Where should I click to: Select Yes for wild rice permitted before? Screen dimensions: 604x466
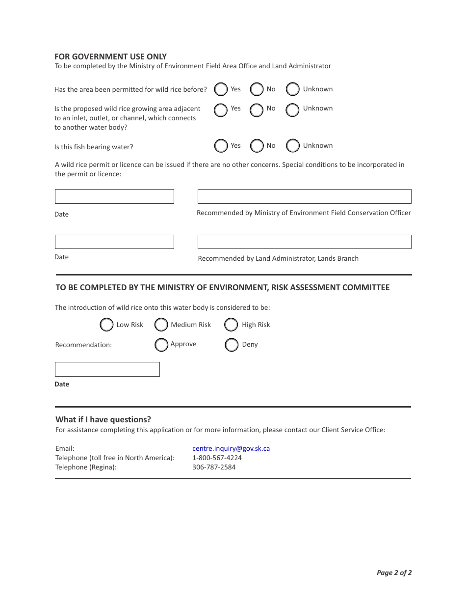point(221,89)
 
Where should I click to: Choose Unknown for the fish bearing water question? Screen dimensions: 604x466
point(293,146)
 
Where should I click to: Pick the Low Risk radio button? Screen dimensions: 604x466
point(106,325)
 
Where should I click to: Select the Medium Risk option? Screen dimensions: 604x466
point(161,325)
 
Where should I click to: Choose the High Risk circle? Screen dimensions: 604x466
point(231,325)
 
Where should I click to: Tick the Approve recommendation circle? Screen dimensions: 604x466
point(161,345)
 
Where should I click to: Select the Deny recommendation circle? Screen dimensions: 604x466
point(232,345)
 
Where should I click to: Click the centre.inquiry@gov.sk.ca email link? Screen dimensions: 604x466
point(231,448)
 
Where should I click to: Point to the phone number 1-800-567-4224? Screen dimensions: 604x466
point(217,458)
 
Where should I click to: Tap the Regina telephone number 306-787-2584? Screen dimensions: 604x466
point(214,467)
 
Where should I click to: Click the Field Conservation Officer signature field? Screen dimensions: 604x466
point(304,196)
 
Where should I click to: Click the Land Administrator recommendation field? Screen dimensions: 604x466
point(304,242)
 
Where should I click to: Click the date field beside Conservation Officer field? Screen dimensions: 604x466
point(114,196)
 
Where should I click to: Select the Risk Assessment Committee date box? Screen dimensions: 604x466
point(107,369)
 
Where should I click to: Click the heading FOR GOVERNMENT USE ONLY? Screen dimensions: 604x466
point(110,56)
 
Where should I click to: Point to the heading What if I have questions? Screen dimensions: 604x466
point(103,419)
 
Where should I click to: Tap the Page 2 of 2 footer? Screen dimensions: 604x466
point(394,573)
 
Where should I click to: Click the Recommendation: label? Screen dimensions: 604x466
point(83,345)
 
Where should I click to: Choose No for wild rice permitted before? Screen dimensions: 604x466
point(257,89)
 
